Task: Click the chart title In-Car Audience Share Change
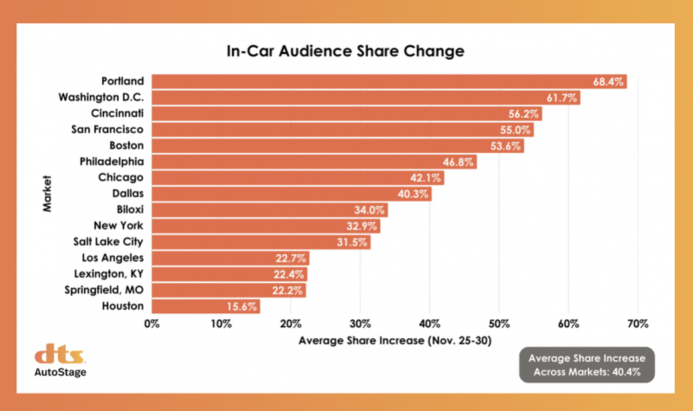tap(345, 51)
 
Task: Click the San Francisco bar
tap(340, 130)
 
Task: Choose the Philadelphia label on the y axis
tap(112, 162)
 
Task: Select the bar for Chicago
tap(295, 178)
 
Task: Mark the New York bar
tap(263, 226)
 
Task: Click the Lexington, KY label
tap(112, 274)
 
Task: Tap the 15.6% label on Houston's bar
tap(243, 306)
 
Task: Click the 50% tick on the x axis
tap(499, 324)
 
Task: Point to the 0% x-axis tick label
tap(152, 324)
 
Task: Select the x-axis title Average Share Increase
tap(395, 341)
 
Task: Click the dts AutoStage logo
tap(60, 361)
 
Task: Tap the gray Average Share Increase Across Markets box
tap(586, 365)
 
